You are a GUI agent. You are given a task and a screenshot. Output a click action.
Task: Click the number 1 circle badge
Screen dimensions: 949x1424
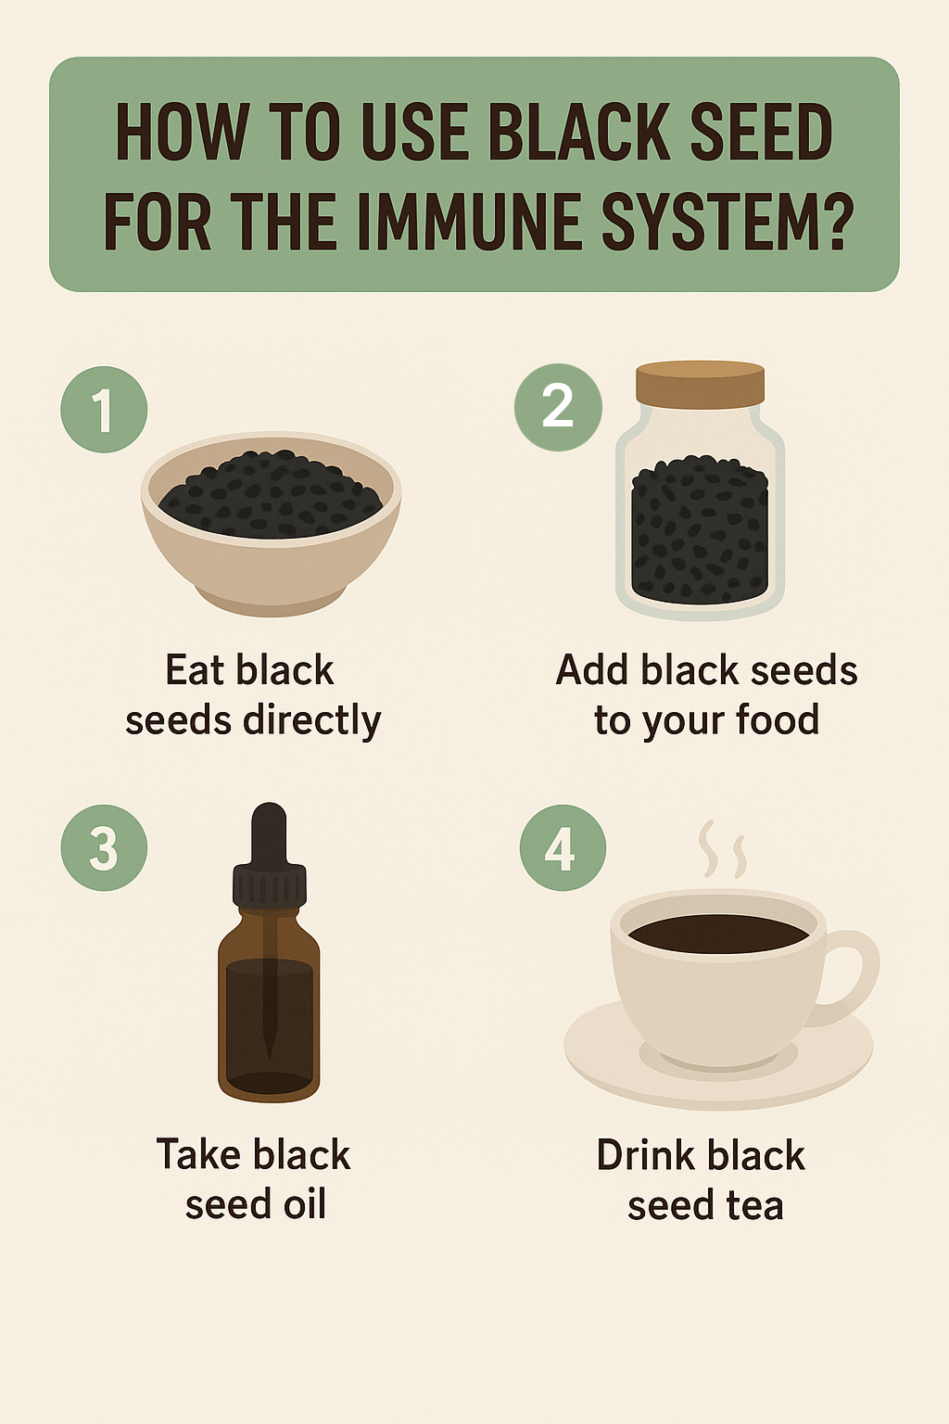(104, 410)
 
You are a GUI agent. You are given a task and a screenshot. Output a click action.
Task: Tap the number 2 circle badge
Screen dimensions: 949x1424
(558, 407)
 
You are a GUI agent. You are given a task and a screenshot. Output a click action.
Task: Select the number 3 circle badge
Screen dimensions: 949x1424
(104, 847)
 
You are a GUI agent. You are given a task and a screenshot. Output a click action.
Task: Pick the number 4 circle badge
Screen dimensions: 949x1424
(563, 847)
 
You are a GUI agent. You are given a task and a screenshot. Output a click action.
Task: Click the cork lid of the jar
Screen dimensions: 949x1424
(700, 385)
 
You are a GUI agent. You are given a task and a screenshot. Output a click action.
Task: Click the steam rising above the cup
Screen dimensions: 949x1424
(721, 848)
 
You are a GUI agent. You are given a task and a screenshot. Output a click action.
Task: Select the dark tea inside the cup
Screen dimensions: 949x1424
(718, 934)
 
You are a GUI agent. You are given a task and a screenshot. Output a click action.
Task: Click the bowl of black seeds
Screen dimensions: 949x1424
(271, 524)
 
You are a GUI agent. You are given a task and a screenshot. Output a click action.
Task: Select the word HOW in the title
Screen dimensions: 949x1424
(182, 132)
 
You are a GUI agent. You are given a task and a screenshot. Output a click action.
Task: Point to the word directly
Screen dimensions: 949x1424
(312, 721)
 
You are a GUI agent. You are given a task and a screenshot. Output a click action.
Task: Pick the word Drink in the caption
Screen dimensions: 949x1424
(645, 1155)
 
